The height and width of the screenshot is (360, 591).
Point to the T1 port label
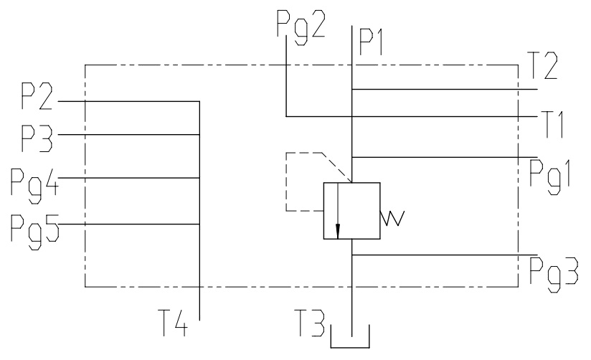(x=553, y=125)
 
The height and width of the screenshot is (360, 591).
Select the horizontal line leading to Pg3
(x=445, y=255)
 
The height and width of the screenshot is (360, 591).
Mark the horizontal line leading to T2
(x=445, y=90)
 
